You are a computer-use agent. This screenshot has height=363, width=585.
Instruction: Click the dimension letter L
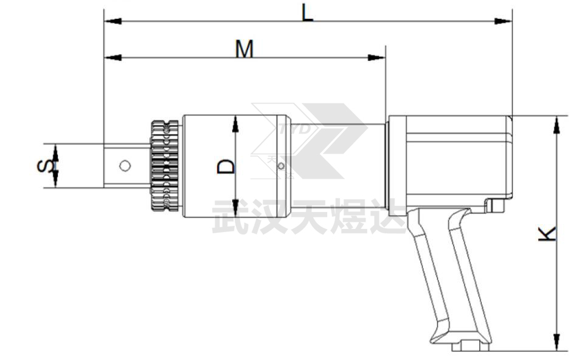[x=307, y=12]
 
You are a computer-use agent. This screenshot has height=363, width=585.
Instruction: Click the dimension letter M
[x=244, y=49]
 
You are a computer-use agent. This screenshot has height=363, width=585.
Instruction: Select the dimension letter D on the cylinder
[x=226, y=166]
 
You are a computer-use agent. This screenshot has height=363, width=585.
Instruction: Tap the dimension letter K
[x=547, y=233]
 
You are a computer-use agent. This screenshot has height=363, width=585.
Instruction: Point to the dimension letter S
[x=46, y=166]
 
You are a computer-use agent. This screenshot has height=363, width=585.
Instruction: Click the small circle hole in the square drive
[x=125, y=166]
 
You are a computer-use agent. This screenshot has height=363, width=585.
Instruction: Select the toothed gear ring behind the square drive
[x=164, y=166]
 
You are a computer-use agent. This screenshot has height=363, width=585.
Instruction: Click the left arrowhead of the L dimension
[x=112, y=21]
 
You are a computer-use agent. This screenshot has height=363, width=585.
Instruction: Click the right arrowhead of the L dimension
[x=504, y=21]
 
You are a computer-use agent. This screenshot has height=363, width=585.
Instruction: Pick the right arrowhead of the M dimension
[x=376, y=58]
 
